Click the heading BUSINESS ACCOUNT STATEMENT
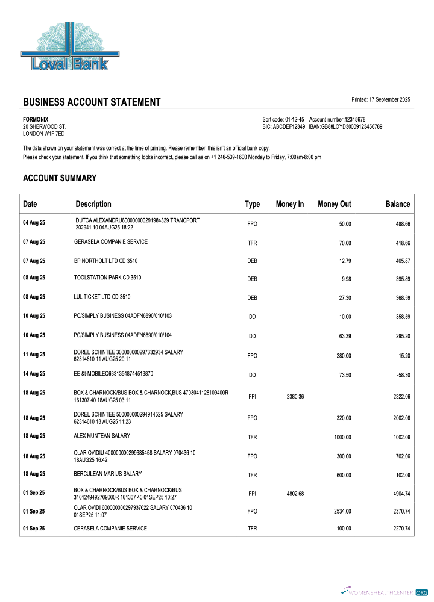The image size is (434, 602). [x=92, y=102]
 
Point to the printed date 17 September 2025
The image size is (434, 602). [x=389, y=99]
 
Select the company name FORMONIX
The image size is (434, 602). [x=36, y=119]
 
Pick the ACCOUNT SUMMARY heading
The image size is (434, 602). [x=60, y=178]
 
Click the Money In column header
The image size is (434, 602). [x=290, y=205]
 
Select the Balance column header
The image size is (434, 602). [x=398, y=205]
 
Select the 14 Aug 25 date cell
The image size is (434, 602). [x=34, y=374]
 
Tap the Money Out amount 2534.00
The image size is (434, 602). [x=342, y=511]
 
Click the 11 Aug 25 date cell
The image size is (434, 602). [x=34, y=355]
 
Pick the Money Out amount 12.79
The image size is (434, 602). [x=344, y=261]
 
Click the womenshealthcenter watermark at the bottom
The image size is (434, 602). [x=385, y=592]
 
